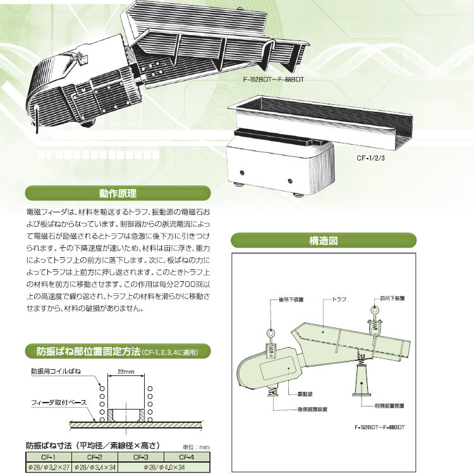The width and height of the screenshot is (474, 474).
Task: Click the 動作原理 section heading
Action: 118,193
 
